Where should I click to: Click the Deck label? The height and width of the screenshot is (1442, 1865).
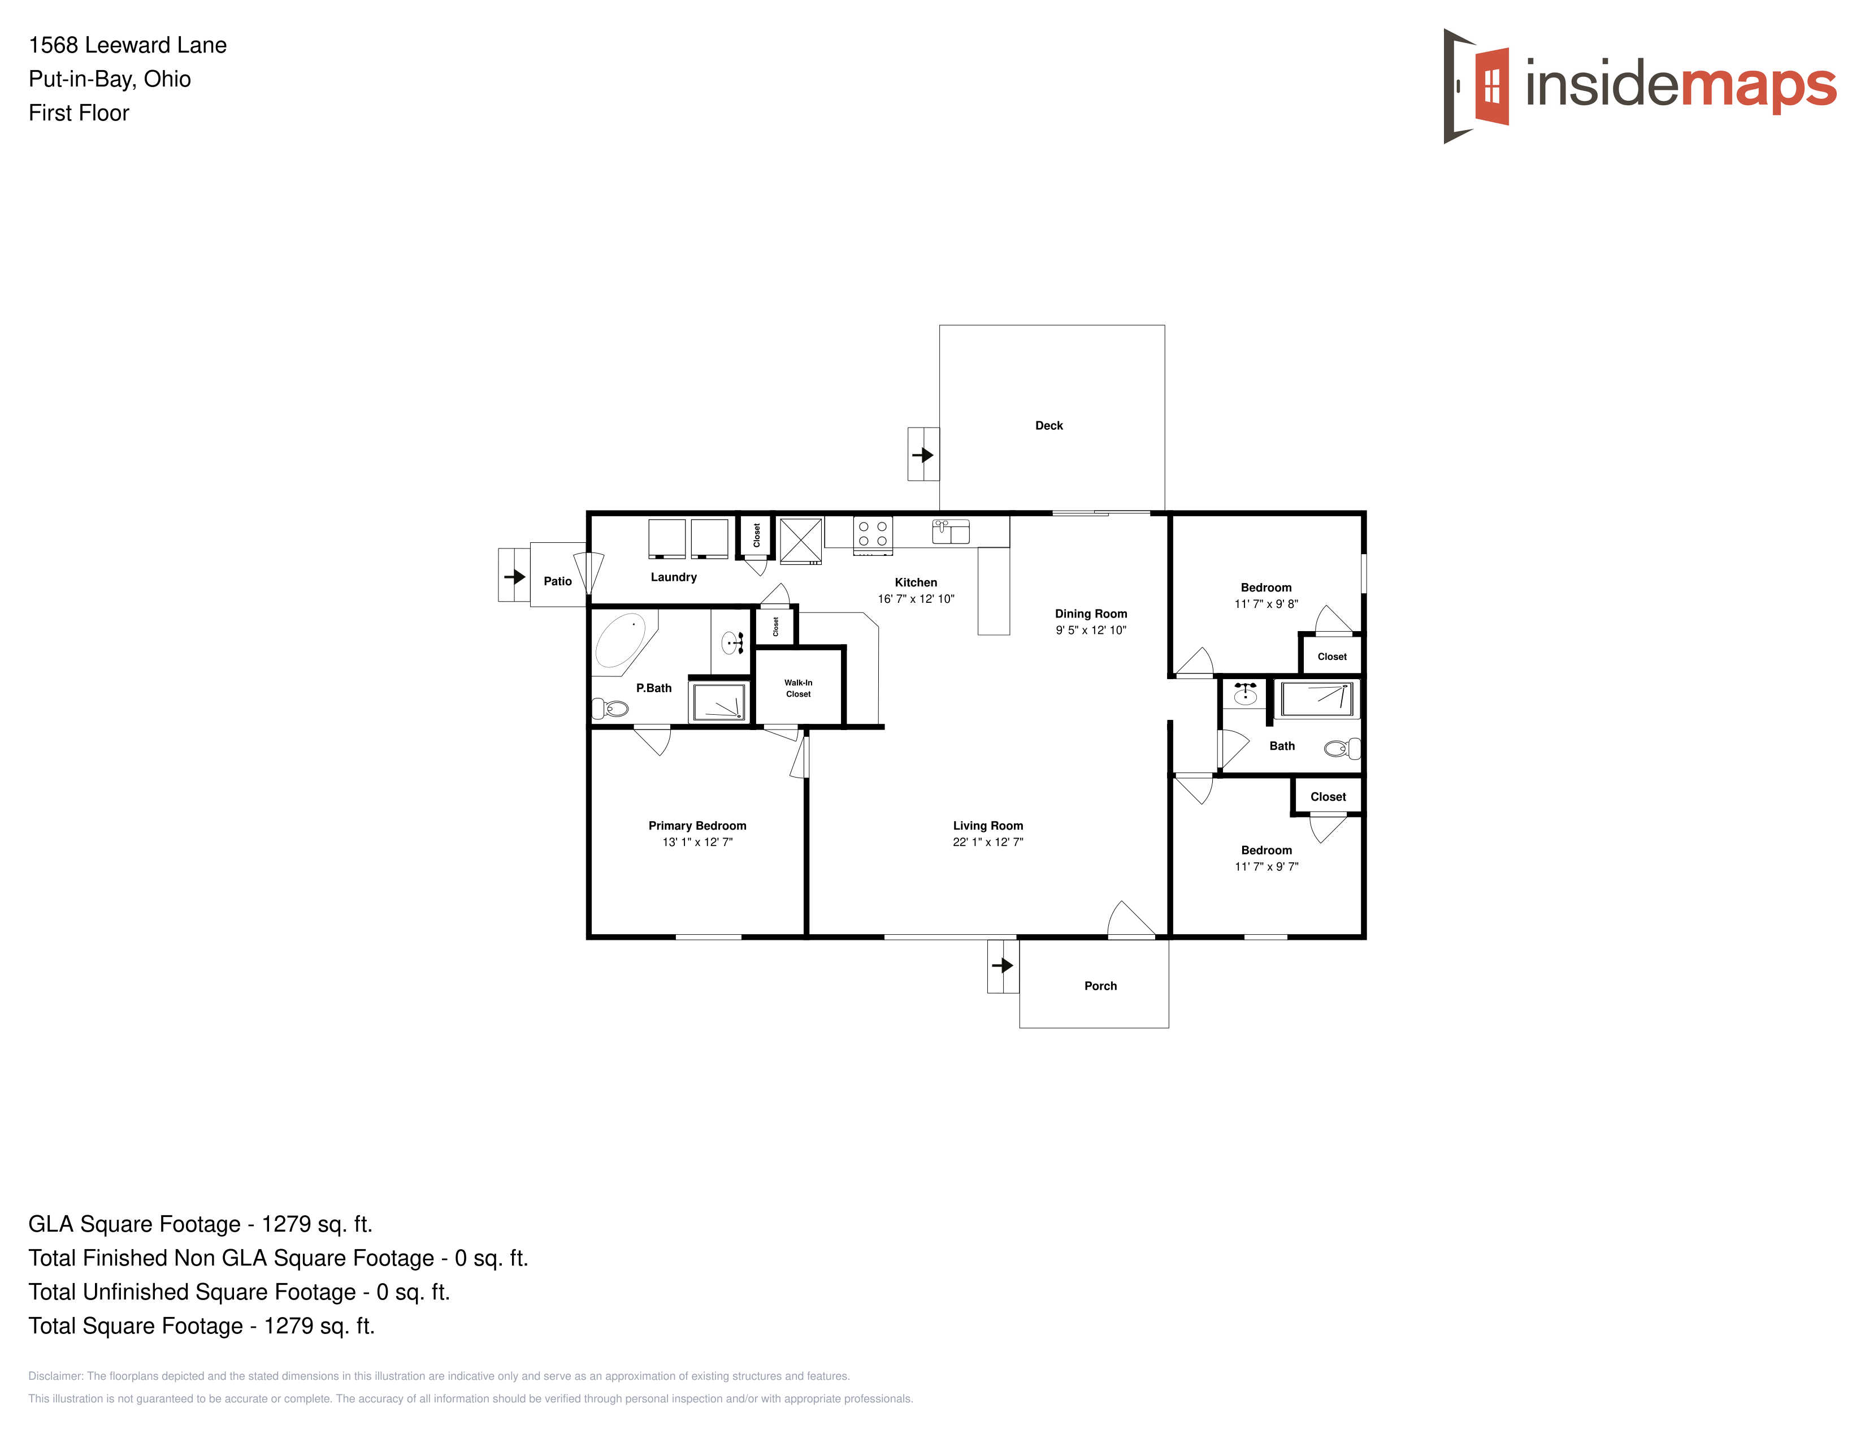point(1048,425)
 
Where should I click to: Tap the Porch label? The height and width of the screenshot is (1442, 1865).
point(1100,986)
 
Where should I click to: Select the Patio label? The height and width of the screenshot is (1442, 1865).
point(558,581)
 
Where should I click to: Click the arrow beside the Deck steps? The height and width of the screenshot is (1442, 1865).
point(923,455)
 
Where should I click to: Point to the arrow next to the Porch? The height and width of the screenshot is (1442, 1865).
point(1003,965)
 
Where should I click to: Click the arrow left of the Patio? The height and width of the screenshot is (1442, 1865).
point(514,577)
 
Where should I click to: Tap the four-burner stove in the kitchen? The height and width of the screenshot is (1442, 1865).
point(873,535)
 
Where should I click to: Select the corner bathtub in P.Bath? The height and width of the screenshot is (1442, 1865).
point(623,642)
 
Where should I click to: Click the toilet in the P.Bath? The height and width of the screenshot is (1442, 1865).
point(610,708)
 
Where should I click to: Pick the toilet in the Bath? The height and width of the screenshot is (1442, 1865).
point(1342,749)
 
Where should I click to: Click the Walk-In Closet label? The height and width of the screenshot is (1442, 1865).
point(799,689)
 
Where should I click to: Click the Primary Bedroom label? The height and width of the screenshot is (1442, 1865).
point(697,825)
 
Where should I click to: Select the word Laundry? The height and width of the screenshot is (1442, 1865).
point(674,577)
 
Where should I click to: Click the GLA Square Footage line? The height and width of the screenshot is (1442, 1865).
point(201,1224)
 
